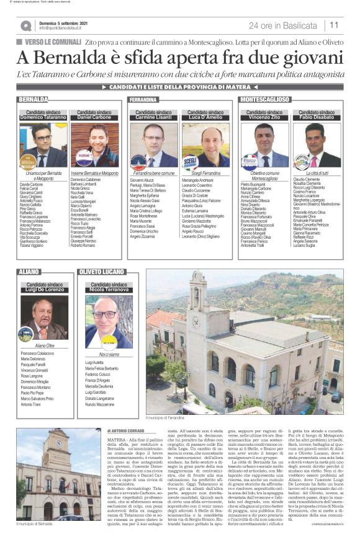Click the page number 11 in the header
click(334, 25)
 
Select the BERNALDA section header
click(34, 99)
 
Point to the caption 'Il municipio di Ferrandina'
click(168, 401)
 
